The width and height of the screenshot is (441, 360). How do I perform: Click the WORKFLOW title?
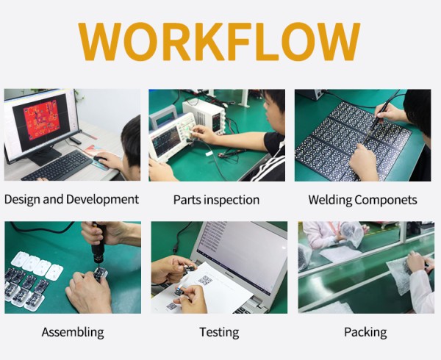pyautogui.click(x=219, y=41)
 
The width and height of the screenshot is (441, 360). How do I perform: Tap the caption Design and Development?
pyautogui.click(x=71, y=200)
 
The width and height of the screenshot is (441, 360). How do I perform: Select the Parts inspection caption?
pyautogui.click(x=216, y=200)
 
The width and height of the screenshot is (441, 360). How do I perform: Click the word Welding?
pyautogui.click(x=330, y=200)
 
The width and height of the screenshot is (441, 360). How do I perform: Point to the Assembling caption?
pyautogui.click(x=73, y=332)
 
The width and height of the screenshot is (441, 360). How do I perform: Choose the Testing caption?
pyautogui.click(x=219, y=332)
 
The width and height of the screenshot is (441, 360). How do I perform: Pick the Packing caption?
pyautogui.click(x=365, y=332)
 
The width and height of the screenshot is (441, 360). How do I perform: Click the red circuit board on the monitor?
pyautogui.click(x=42, y=120)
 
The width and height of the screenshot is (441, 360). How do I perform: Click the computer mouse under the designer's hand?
pyautogui.click(x=100, y=159)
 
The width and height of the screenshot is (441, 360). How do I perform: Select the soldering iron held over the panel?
pyautogui.click(x=379, y=115)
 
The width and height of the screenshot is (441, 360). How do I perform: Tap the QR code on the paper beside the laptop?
pyautogui.click(x=205, y=280)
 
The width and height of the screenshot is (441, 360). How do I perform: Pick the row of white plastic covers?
pyautogui.click(x=37, y=265)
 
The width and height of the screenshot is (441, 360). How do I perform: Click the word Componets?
pyautogui.click(x=386, y=200)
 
